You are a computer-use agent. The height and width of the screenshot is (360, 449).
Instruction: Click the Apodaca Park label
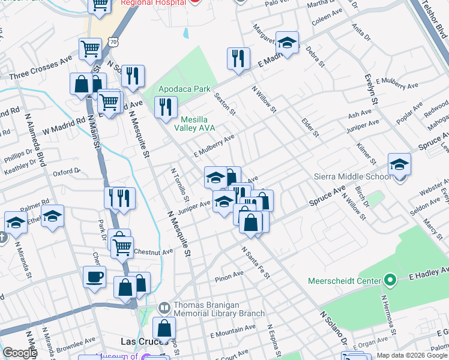click(x=184, y=89)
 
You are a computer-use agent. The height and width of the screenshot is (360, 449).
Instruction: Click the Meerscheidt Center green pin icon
click(x=390, y=280)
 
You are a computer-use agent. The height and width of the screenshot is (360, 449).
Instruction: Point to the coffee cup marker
click(x=95, y=277)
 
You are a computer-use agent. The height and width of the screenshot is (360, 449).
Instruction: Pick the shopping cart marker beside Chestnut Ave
click(x=122, y=245)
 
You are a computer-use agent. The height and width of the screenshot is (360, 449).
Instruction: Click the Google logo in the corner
click(x=19, y=353)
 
